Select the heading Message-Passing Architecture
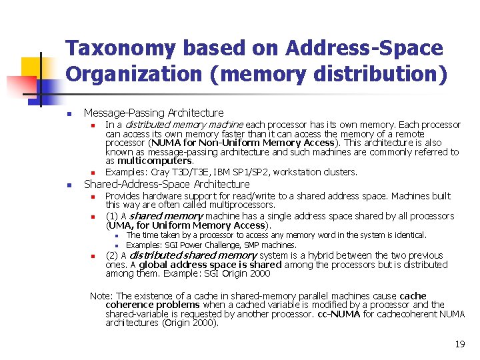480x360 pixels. pyautogui.click(x=153, y=113)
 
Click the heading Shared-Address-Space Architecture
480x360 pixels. pyautogui.click(x=166, y=184)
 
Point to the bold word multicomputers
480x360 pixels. pyautogui.click(x=155, y=161)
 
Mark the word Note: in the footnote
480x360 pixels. pyautogui.click(x=101, y=295)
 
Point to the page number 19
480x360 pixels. pyautogui.click(x=459, y=344)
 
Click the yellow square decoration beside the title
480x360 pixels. pyautogui.click(x=30, y=67)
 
